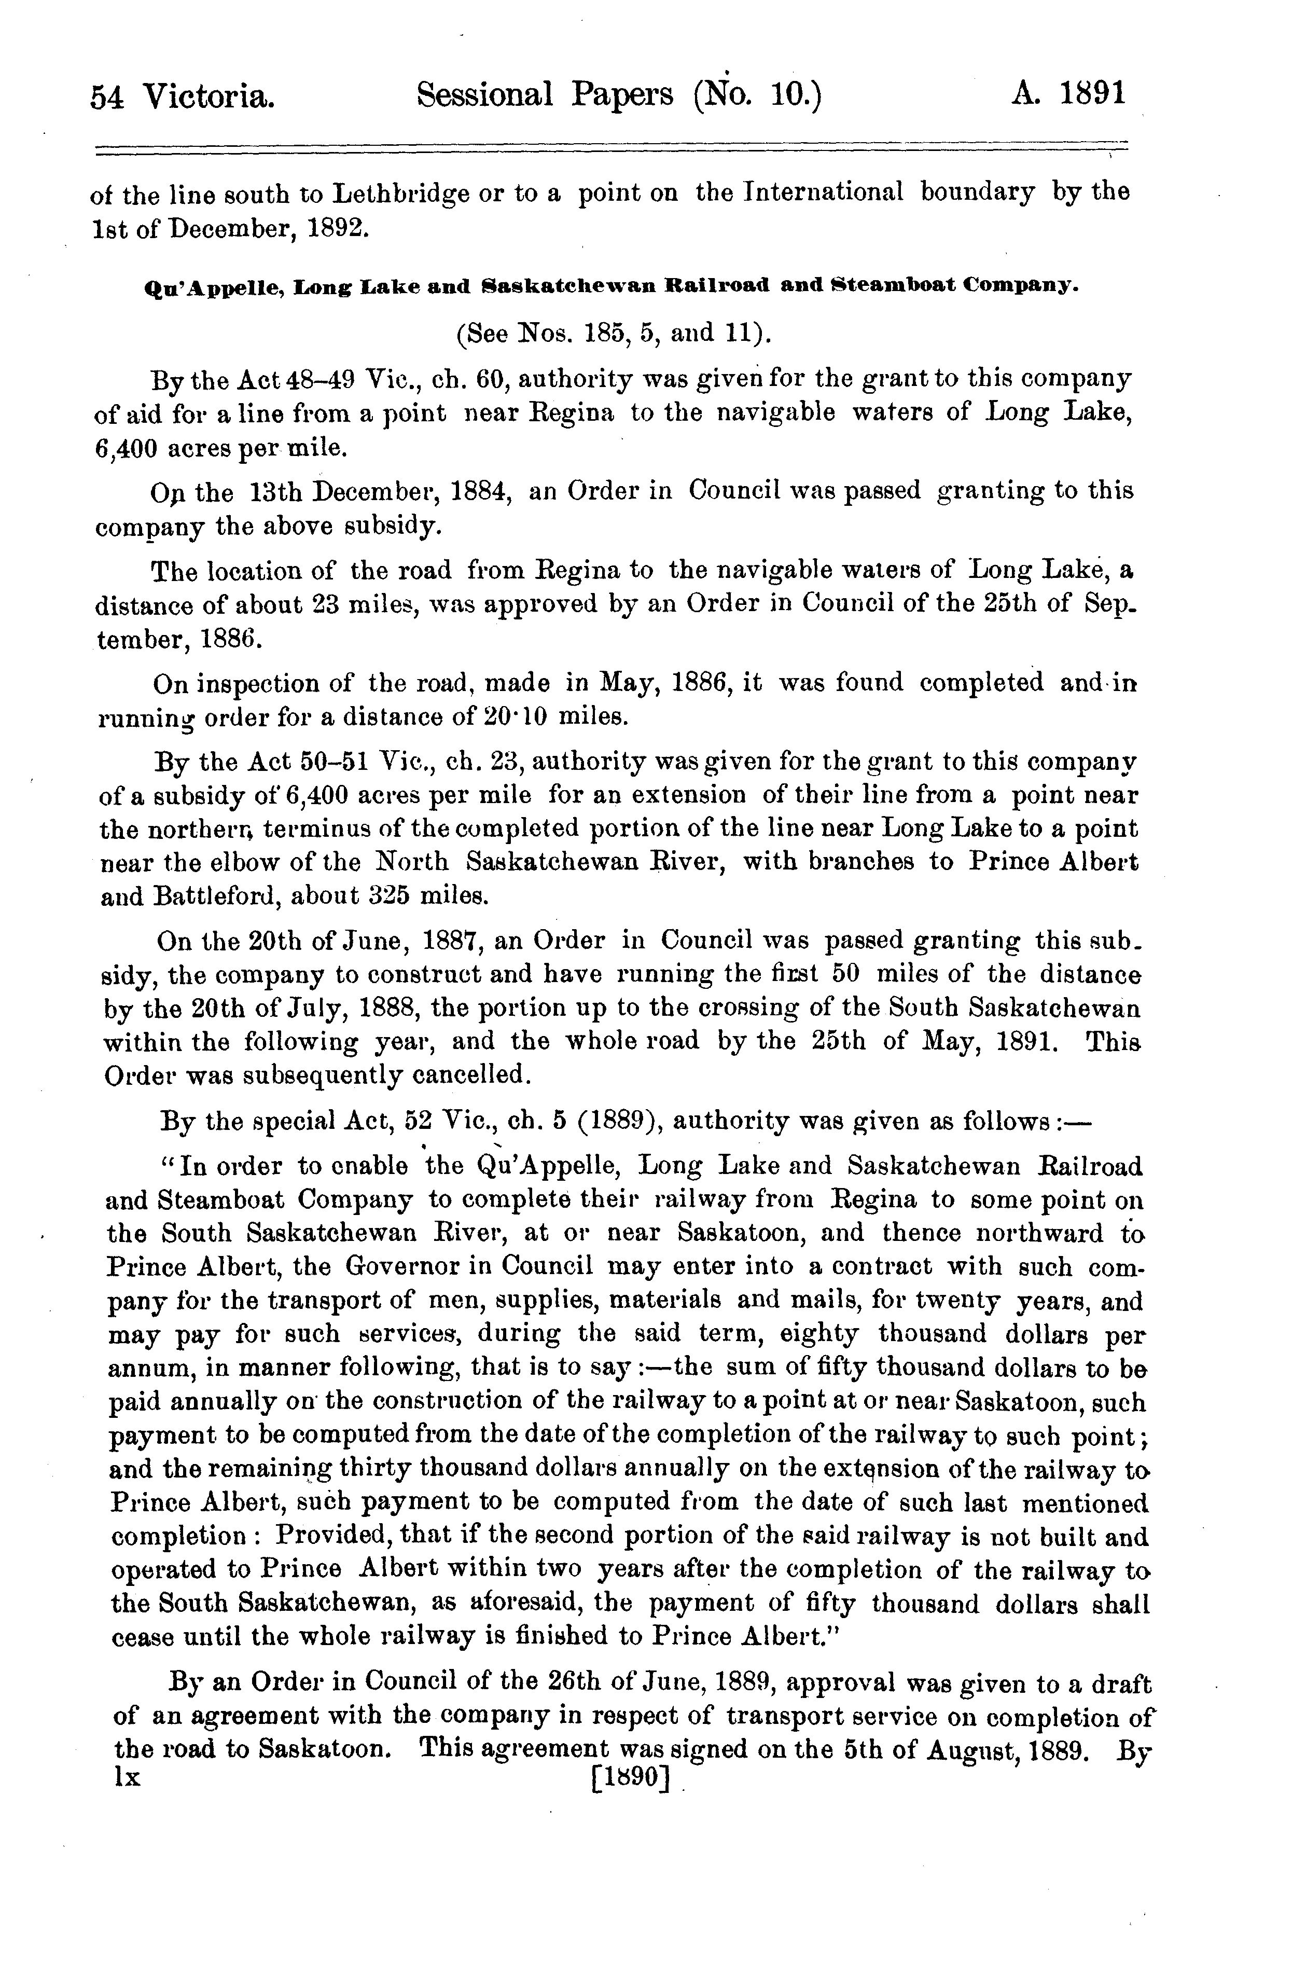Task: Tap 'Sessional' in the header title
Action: click(x=484, y=95)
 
